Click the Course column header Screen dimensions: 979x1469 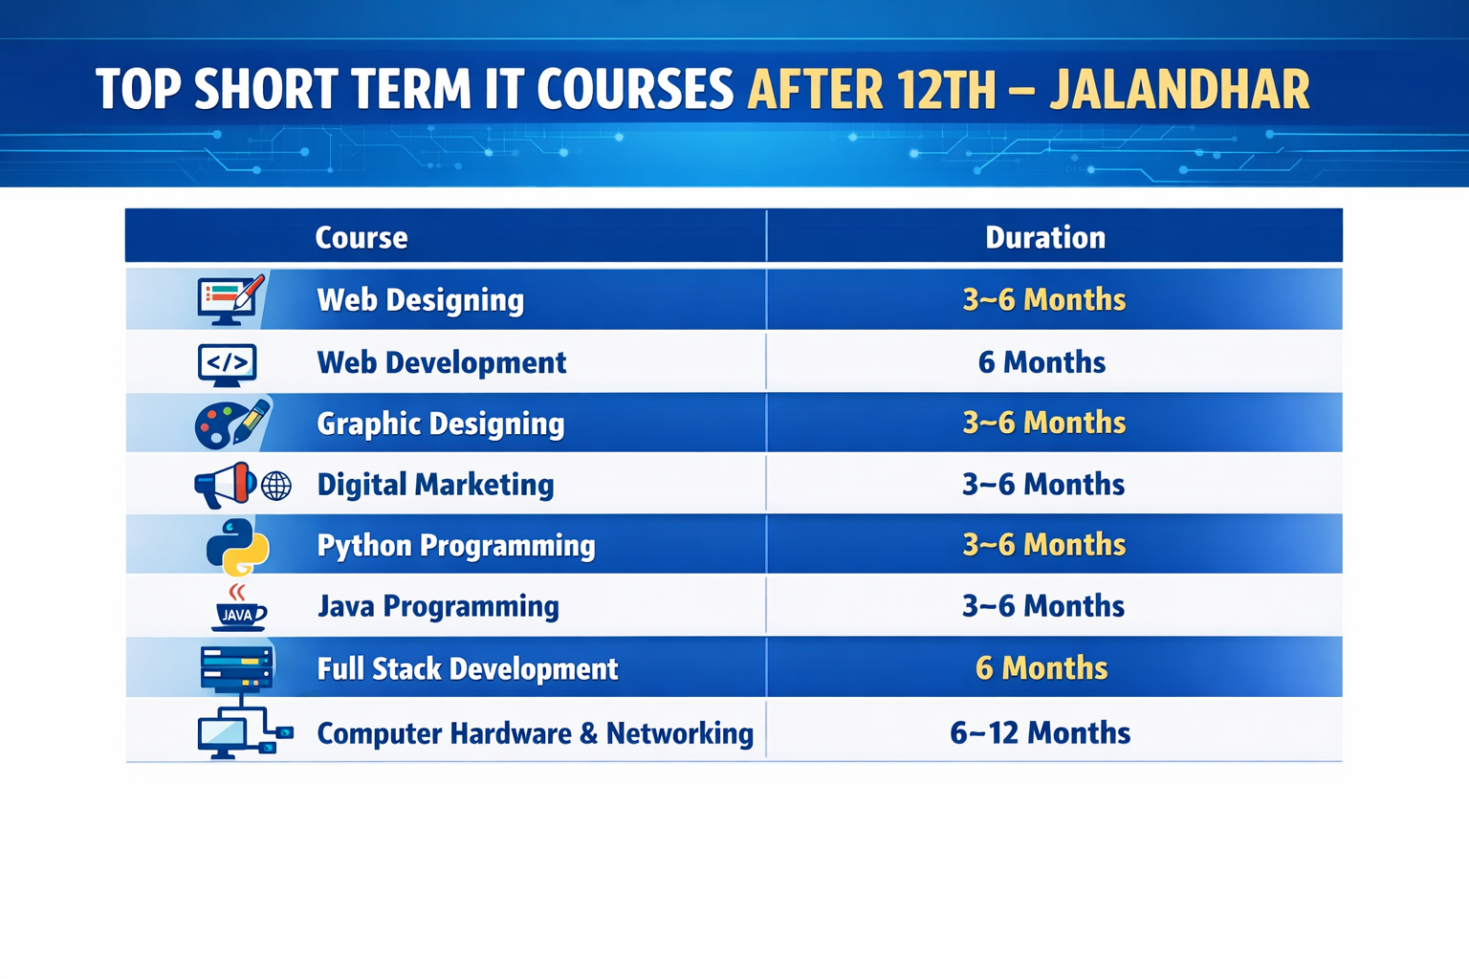point(362,237)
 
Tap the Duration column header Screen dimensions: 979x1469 point(1044,237)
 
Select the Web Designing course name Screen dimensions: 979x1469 point(420,300)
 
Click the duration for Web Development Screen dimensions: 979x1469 point(1041,362)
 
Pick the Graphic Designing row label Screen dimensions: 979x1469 point(440,424)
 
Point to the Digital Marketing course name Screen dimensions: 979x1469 point(435,485)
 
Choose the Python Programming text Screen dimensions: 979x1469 point(455,546)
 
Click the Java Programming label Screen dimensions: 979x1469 point(438,606)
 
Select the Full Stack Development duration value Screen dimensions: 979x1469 point(1041,668)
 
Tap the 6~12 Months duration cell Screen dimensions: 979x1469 point(1041,733)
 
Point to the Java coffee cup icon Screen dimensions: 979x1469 point(237,609)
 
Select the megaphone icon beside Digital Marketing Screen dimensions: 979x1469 point(225,485)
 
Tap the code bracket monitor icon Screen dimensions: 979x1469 point(227,364)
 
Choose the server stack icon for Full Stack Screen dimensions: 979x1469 point(236,666)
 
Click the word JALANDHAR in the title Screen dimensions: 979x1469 point(1179,91)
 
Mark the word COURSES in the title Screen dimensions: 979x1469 point(634,91)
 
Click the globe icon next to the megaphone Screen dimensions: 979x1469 point(276,486)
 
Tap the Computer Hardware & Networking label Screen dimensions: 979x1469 point(535,733)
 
